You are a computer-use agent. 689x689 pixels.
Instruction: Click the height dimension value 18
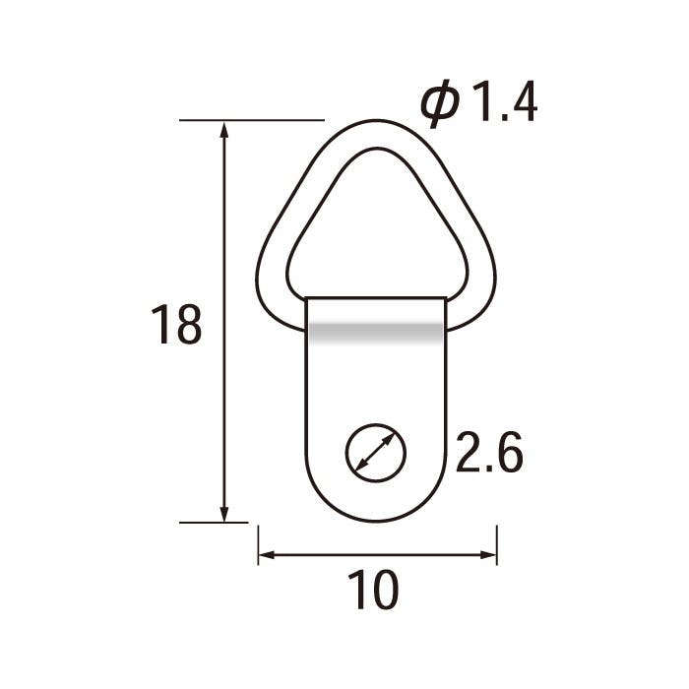(x=176, y=325)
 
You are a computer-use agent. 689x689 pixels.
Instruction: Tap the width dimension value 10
(x=373, y=591)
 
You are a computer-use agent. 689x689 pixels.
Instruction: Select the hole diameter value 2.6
(x=488, y=455)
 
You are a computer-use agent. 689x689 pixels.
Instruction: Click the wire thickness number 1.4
(x=505, y=103)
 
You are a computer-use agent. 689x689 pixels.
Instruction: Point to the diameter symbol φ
(x=440, y=104)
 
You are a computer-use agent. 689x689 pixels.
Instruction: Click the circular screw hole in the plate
(x=375, y=454)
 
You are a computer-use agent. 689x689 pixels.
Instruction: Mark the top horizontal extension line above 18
(x=252, y=120)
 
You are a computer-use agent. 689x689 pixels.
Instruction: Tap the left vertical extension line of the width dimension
(x=258, y=544)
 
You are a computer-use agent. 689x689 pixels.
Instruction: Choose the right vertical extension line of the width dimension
(x=497, y=544)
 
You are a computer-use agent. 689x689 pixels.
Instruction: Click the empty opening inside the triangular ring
(x=376, y=236)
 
